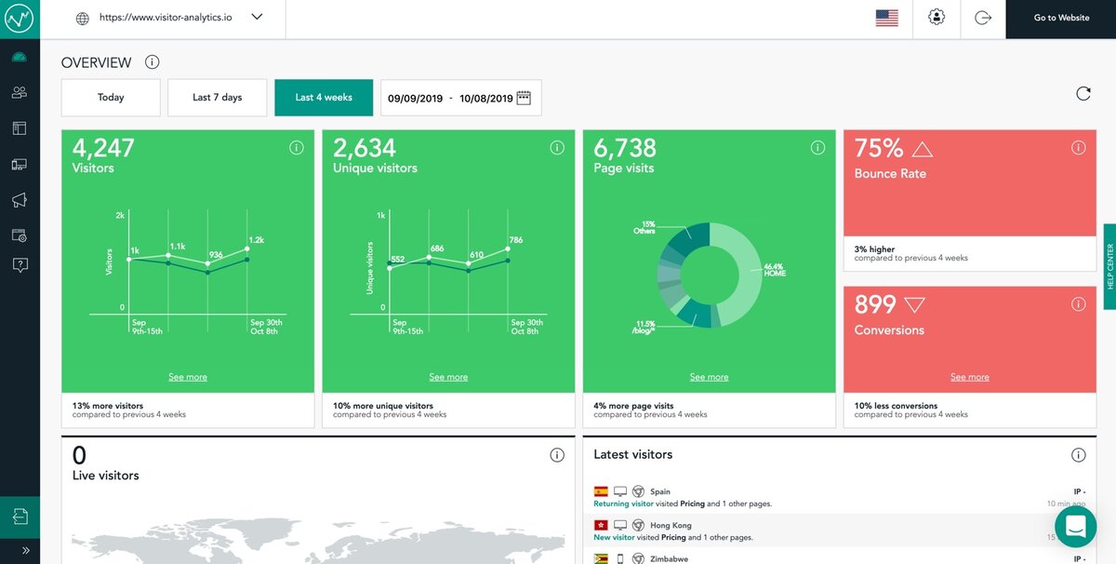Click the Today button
point(111,98)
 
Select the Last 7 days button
point(217,98)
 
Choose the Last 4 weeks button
point(324,98)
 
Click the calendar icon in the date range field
point(524,98)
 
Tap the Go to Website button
point(1061,19)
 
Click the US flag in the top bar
point(886,19)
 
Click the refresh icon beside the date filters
point(1083,93)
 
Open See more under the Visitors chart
point(188,377)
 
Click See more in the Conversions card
point(969,377)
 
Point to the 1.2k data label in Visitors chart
point(256,240)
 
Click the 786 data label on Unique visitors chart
point(515,240)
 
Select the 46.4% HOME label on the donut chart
point(774,270)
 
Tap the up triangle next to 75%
point(922,149)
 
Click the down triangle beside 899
point(914,304)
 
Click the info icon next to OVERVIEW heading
point(153,62)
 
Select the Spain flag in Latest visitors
point(601,491)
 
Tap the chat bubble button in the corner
point(1075,526)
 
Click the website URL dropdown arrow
point(257,17)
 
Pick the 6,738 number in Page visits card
point(625,148)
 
